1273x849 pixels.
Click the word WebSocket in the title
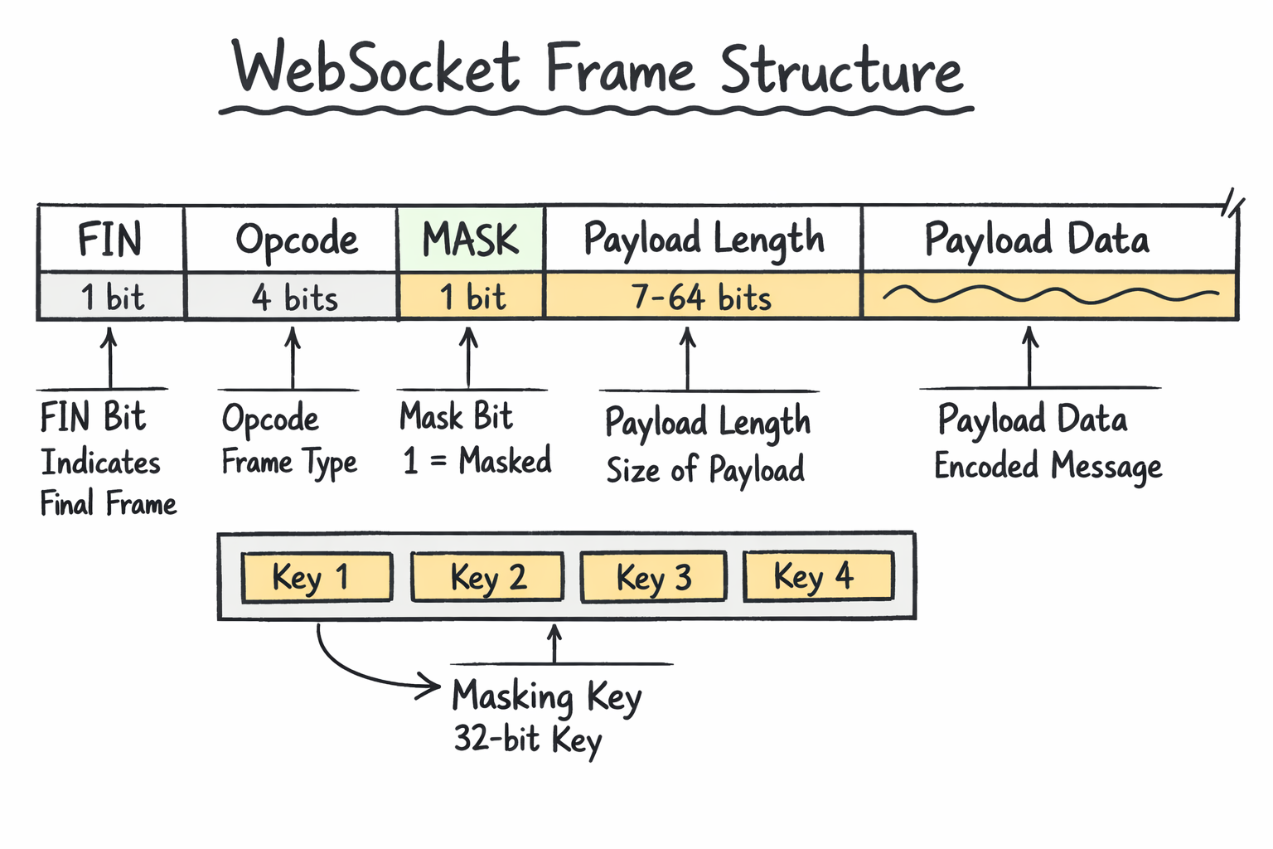[377, 69]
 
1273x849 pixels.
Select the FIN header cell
[110, 240]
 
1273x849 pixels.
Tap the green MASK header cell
[470, 240]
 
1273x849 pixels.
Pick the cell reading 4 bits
[293, 298]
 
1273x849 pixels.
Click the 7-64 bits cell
[701, 298]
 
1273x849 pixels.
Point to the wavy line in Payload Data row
[1049, 294]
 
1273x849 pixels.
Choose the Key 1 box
[316, 577]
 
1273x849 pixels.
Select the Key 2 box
[487, 577]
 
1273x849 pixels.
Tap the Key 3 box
[653, 577]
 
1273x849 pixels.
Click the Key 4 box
[818, 576]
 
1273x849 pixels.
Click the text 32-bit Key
[527, 739]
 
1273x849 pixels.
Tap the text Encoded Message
[1048, 466]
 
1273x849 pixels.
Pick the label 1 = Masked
[477, 461]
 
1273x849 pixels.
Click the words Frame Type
[288, 463]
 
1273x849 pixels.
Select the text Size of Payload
[704, 470]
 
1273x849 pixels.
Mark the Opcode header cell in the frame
[296, 240]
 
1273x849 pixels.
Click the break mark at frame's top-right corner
[1232, 203]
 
